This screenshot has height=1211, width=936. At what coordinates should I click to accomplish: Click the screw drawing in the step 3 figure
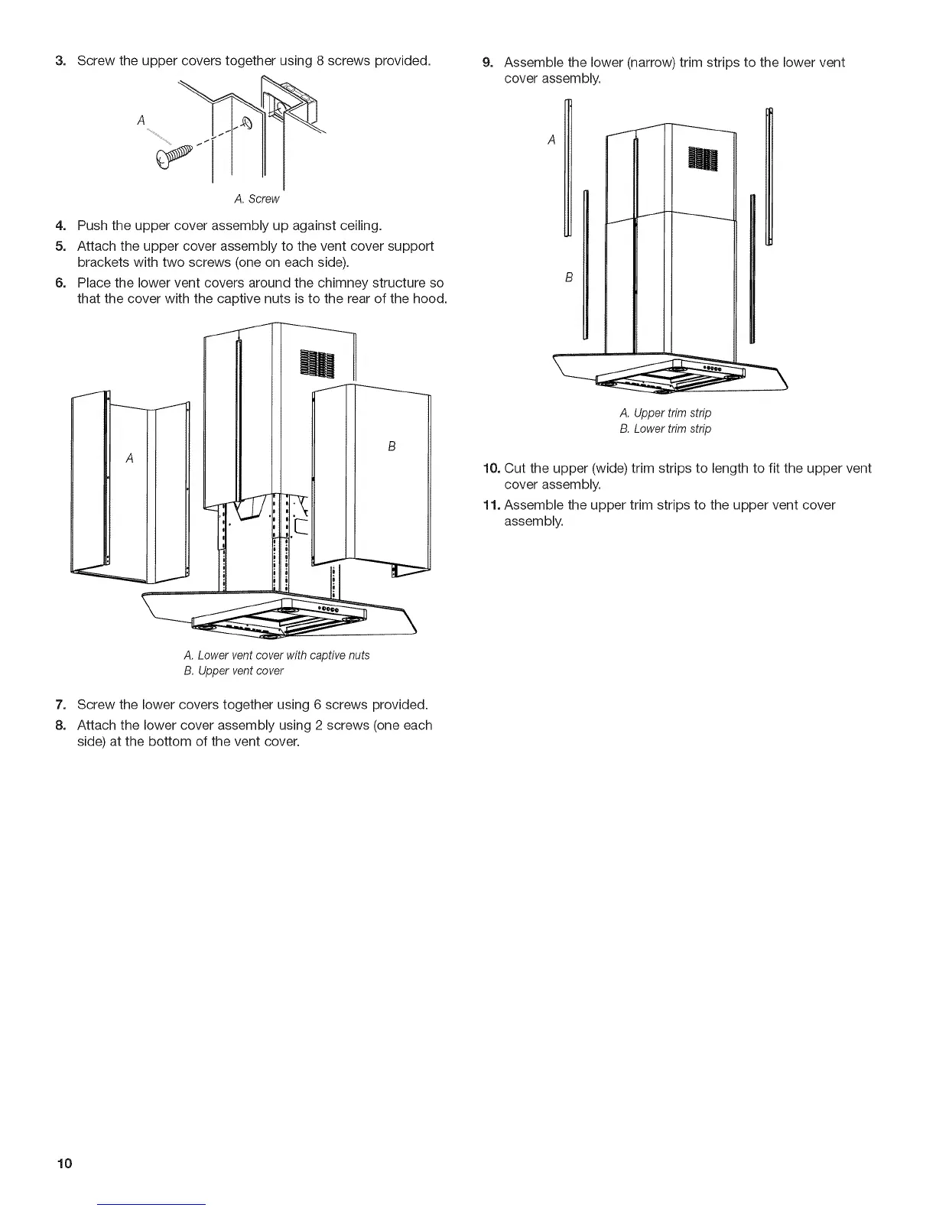coord(175,156)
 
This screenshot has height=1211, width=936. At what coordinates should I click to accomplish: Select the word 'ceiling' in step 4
coord(358,226)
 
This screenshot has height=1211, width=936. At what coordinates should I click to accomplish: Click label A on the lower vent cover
coord(130,458)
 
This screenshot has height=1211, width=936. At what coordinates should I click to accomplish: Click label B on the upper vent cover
coord(392,446)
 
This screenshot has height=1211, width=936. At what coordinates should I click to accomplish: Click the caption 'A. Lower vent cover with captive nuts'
coord(277,655)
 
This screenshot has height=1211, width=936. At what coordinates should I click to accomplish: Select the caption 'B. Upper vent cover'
coord(233,671)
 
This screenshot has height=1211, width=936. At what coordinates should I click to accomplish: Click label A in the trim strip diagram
coord(552,140)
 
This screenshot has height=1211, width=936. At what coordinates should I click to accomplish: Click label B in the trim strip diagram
coord(569,277)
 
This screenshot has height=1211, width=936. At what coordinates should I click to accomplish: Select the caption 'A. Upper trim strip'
coord(665,413)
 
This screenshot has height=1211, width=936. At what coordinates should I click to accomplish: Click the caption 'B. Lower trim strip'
coord(665,429)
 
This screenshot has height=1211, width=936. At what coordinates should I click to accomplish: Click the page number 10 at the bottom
coord(63,1164)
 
